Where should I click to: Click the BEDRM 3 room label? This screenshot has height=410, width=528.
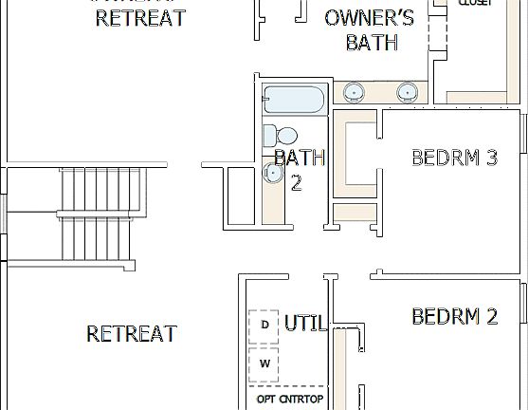pos(454,158)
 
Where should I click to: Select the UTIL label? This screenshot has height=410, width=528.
pos(305,324)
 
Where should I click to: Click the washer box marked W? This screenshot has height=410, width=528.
pos(264,363)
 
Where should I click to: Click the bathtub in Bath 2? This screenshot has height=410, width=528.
pos(294,99)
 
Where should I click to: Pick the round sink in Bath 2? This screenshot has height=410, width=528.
pos(274,173)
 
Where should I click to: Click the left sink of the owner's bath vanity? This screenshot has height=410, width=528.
pos(353,92)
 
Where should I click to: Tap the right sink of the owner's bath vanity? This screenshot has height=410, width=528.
pos(407,92)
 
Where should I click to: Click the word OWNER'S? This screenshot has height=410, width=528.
pos(369,18)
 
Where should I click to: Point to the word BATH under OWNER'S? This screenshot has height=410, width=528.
pos(371,43)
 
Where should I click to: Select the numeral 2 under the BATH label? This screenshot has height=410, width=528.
pos(296,183)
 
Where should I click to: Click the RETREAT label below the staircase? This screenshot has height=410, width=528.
pos(132,334)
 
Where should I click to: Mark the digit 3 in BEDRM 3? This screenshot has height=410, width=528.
pos(490,158)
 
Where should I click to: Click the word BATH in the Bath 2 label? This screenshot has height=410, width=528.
pos(300,158)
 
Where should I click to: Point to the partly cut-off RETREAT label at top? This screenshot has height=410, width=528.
pos(141,18)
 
